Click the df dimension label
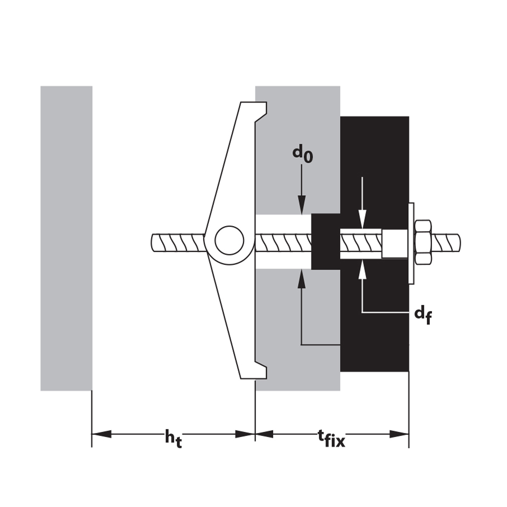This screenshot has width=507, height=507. (423, 315)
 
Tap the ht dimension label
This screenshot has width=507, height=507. (173, 439)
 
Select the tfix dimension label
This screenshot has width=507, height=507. (332, 438)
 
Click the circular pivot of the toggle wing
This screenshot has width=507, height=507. (229, 240)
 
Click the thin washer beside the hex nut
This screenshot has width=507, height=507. (411, 243)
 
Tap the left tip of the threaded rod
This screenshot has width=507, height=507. (152, 242)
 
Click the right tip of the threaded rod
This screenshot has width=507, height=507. (459, 242)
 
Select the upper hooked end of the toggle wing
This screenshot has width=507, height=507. (259, 112)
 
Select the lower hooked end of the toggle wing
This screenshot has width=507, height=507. (259, 370)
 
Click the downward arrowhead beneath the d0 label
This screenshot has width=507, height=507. (302, 205)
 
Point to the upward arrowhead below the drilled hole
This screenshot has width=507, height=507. (302, 278)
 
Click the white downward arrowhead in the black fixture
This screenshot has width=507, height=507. (363, 219)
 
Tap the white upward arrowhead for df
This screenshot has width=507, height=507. (363, 269)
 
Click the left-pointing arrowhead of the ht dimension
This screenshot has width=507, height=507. (102, 434)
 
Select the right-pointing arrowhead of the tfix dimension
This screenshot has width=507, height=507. (400, 434)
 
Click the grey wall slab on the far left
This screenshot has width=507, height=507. (66, 238)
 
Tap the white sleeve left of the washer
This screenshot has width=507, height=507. (394, 244)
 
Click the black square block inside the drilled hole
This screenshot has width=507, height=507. (325, 242)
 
